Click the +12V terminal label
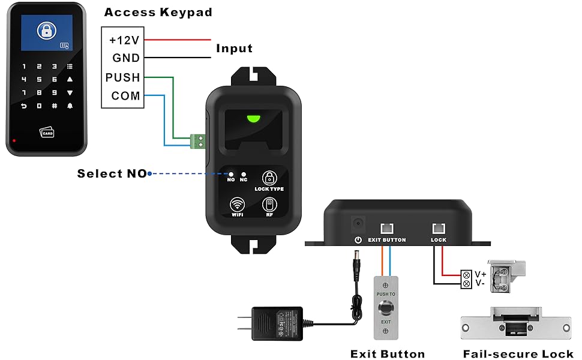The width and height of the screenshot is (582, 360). (x=124, y=40)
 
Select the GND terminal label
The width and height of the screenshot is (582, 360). (x=126, y=58)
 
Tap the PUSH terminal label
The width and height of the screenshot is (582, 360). (x=122, y=77)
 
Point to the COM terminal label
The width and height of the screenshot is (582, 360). (x=125, y=96)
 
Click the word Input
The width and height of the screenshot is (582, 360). (x=234, y=49)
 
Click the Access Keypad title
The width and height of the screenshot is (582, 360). (x=158, y=12)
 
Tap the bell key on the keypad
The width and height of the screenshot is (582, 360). (x=70, y=106)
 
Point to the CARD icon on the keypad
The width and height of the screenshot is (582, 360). (x=47, y=131)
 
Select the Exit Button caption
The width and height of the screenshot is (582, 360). (x=387, y=354)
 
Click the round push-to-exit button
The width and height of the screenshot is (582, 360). (x=385, y=308)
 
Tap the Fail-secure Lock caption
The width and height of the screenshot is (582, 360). (x=518, y=354)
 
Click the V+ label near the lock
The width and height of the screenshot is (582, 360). (x=481, y=274)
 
